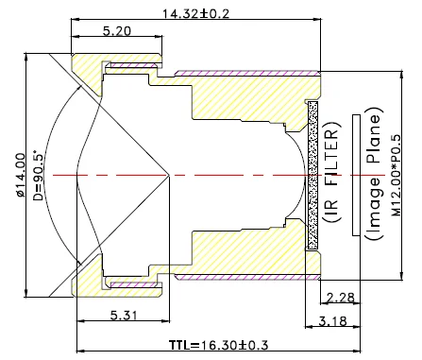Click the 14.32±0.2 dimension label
click(195, 13)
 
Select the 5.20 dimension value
click(117, 31)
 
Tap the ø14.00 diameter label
click(21, 175)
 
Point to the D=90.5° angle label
click(38, 176)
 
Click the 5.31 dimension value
click(124, 315)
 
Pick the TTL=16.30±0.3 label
click(218, 345)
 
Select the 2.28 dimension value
click(341, 297)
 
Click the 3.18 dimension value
click(333, 321)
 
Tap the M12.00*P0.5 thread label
click(397, 176)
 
